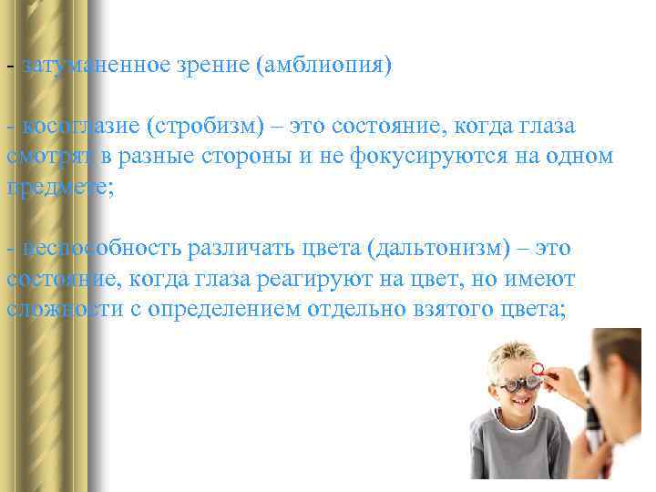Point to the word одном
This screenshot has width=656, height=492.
coord(583,156)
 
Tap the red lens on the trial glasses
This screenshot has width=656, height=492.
coord(538,370)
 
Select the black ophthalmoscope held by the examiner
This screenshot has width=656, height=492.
coord(591,428)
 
